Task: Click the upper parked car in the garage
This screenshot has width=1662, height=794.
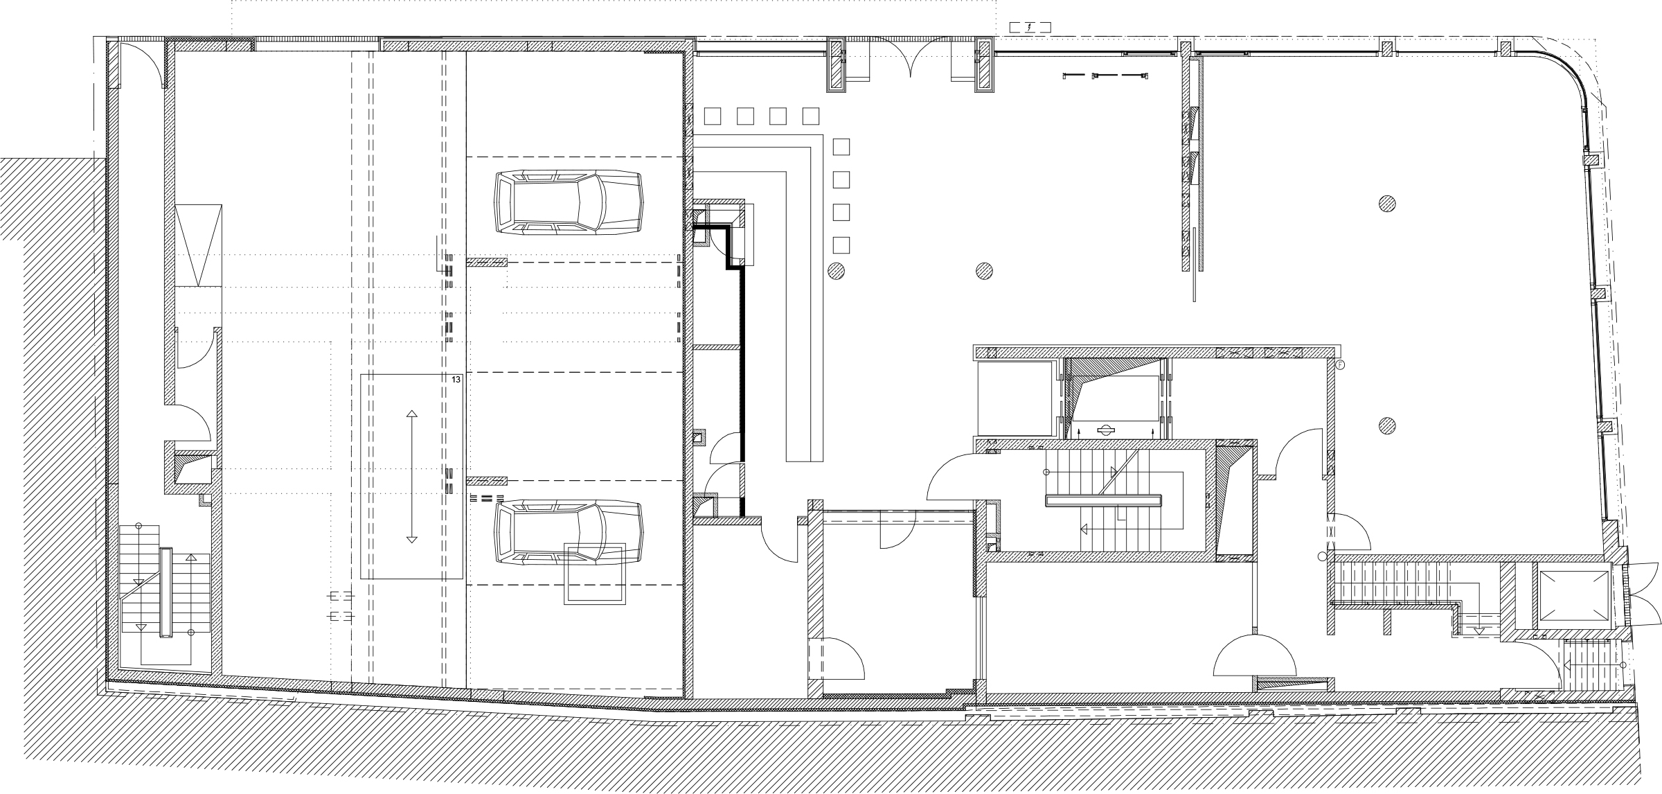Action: click(x=568, y=202)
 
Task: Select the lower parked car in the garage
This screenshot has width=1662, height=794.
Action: click(x=568, y=532)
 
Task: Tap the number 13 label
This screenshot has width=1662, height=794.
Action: click(x=456, y=380)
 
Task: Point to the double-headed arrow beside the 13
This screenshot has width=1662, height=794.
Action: click(x=411, y=477)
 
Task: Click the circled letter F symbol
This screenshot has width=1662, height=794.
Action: click(x=1339, y=364)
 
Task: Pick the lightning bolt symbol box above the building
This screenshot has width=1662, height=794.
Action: click(x=1030, y=28)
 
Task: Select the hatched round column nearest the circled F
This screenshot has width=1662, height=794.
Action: click(x=1386, y=425)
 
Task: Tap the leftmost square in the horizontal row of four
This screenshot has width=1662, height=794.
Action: click(x=713, y=115)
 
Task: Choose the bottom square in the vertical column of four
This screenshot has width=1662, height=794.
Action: click(x=841, y=245)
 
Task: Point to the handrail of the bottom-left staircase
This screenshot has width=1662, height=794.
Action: click(x=166, y=592)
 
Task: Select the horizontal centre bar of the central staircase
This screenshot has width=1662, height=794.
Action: click(x=1103, y=500)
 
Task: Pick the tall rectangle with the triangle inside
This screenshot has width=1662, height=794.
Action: click(x=198, y=245)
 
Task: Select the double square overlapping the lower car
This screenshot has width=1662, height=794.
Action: click(x=596, y=574)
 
